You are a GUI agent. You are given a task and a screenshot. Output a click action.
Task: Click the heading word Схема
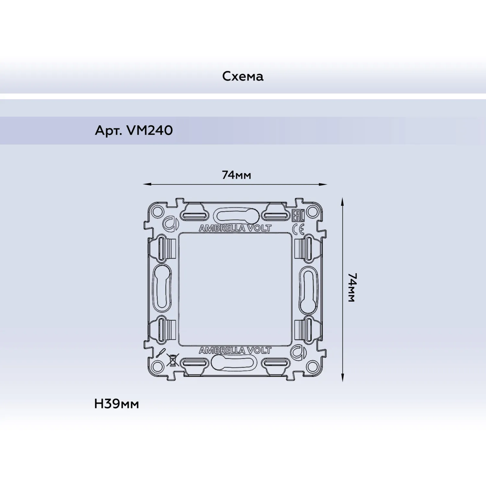pos(243,76)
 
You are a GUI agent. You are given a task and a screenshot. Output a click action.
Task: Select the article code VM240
pos(150,131)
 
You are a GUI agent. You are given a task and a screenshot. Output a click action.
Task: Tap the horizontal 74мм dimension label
pos(236,175)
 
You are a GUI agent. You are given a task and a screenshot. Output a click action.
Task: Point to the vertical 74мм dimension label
pos(352,288)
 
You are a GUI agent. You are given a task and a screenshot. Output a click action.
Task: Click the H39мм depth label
pos(117,404)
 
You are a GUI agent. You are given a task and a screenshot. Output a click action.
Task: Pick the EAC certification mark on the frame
pos(298,215)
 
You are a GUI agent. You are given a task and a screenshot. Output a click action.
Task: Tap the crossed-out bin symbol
pos(173,360)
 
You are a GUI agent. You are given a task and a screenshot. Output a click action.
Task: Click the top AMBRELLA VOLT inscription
pos(235,228)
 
